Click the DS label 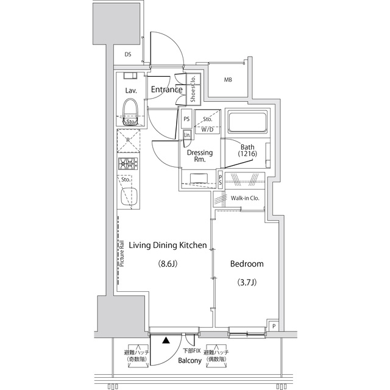(128, 54)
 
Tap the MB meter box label (228, 80)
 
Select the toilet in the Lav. (130, 112)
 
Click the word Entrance (166, 90)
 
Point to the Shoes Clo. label (193, 88)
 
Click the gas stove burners (129, 164)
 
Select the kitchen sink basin (130, 196)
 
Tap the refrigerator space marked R (129, 141)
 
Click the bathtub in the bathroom (247, 123)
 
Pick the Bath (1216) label (247, 151)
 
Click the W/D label (207, 130)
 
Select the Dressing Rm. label (200, 156)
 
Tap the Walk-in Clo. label (245, 198)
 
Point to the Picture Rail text (122, 253)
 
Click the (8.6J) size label (168, 264)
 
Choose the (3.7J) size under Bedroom (247, 282)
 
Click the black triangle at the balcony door (166, 340)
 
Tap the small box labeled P (274, 325)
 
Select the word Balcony (190, 360)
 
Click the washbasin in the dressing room (199, 179)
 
